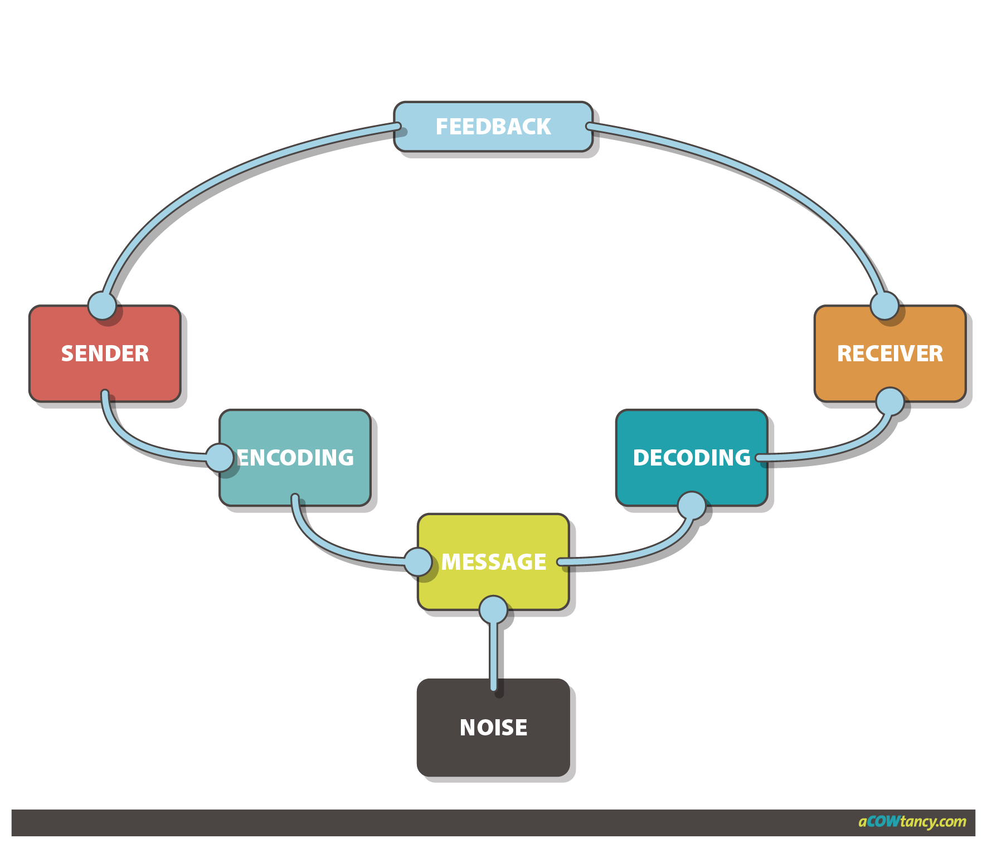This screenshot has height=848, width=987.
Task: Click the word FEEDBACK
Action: [x=493, y=127]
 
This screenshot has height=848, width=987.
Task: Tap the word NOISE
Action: [x=493, y=728]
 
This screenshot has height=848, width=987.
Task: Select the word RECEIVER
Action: [x=889, y=353]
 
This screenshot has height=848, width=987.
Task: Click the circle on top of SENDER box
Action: [x=103, y=306]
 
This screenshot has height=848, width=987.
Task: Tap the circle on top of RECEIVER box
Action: [x=885, y=306]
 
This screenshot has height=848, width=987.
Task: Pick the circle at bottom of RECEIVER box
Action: [x=890, y=401]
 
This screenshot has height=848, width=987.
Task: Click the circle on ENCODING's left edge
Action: [x=220, y=458]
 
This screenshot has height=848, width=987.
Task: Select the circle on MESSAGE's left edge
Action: [x=418, y=561]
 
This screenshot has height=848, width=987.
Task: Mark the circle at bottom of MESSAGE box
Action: [x=493, y=609]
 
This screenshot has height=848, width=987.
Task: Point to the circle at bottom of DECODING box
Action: [x=692, y=506]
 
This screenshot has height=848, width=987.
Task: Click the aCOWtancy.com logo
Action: [x=912, y=822]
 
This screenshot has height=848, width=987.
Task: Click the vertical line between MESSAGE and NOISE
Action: [x=493, y=652]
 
